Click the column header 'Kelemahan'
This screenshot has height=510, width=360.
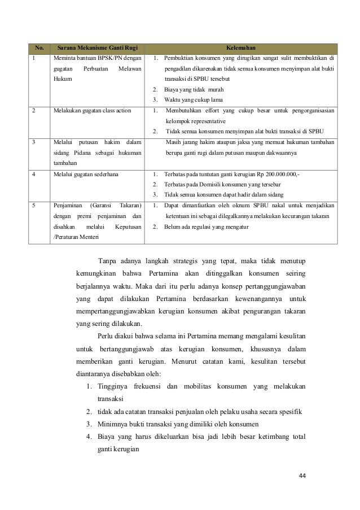(241, 47)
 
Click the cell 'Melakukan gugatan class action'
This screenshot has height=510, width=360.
(92, 111)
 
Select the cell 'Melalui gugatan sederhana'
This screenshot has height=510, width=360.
(86, 175)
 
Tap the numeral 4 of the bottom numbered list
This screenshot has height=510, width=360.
(89, 436)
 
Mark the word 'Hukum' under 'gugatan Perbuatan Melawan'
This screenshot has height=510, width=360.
(63, 79)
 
